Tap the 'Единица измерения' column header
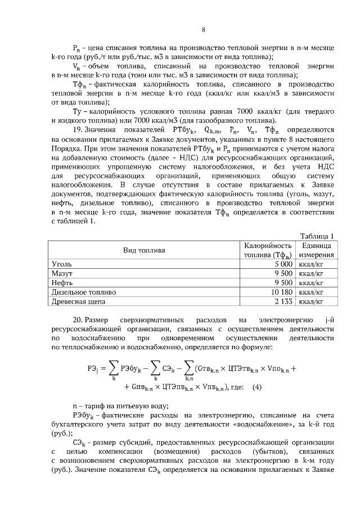(x=316, y=250)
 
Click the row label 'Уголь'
(x=61, y=263)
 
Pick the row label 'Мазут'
(x=62, y=273)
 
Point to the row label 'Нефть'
(x=62, y=282)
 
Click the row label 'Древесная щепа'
(x=78, y=301)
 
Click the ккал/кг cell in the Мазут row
(x=313, y=273)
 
